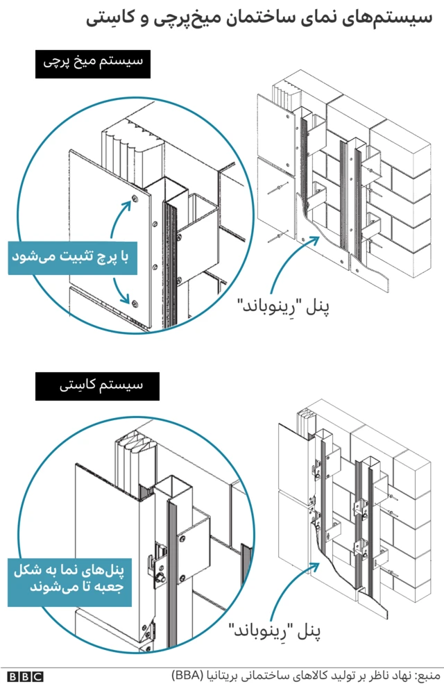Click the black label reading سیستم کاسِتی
pos(97,385)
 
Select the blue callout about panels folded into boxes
pos(69,579)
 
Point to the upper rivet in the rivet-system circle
pos(134,202)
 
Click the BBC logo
pos(25,675)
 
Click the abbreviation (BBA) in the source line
pos(187,674)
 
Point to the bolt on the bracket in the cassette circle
pos(159,577)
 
